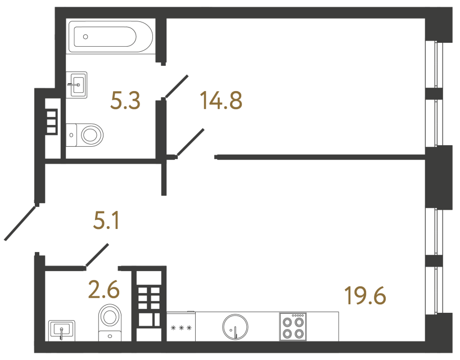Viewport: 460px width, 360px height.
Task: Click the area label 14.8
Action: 220,101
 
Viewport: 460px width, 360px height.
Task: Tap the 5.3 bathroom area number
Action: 125,101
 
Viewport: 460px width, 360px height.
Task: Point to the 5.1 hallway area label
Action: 106,222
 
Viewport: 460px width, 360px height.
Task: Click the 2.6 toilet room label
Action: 105,290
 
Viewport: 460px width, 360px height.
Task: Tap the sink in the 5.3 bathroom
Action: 77,84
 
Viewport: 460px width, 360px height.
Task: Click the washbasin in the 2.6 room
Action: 61,329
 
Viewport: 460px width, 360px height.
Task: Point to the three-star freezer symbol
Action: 181,328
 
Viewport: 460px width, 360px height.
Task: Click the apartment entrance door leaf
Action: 21,222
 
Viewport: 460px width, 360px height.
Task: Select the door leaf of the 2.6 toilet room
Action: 97,254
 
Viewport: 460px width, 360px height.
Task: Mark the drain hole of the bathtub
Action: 86,36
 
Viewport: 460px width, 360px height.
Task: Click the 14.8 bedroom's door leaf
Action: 190,142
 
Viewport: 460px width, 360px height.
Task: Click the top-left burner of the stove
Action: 287,322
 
